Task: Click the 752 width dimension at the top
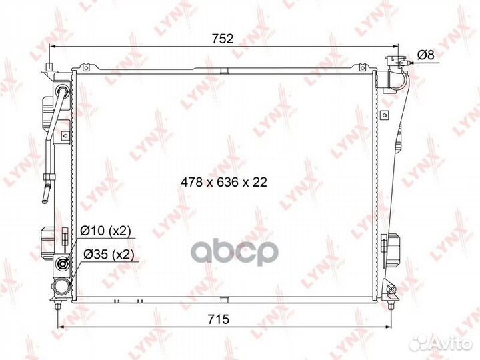pyautogui.click(x=223, y=39)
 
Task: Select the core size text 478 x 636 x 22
pyautogui.click(x=223, y=182)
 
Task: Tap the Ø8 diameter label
pyautogui.click(x=426, y=55)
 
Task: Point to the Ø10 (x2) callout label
pyautogui.click(x=106, y=231)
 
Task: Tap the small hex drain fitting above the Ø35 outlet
pyautogui.click(x=63, y=264)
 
